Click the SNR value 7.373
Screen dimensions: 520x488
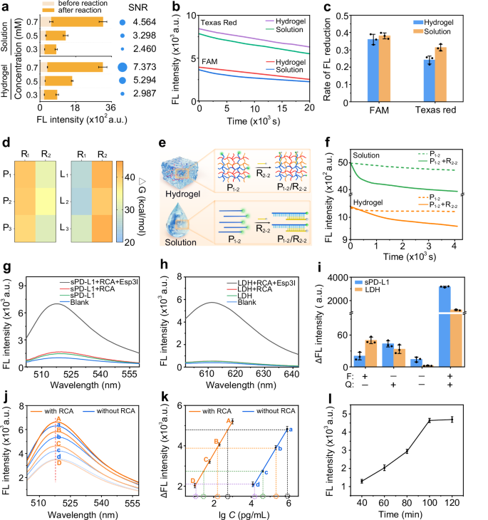(148, 67)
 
